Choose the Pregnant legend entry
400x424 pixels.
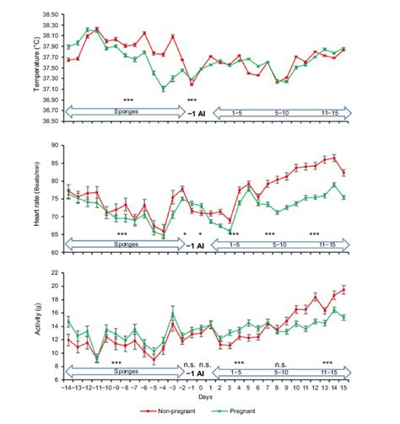(246, 413)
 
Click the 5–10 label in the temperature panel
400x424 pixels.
(278, 110)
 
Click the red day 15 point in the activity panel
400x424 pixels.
(343, 290)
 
